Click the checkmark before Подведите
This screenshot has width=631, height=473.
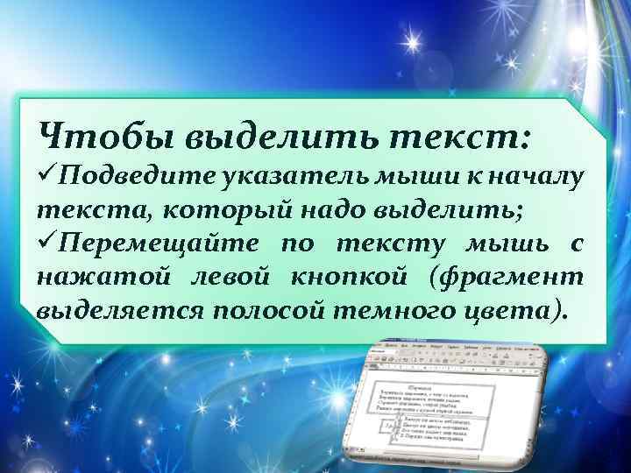click(x=48, y=179)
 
